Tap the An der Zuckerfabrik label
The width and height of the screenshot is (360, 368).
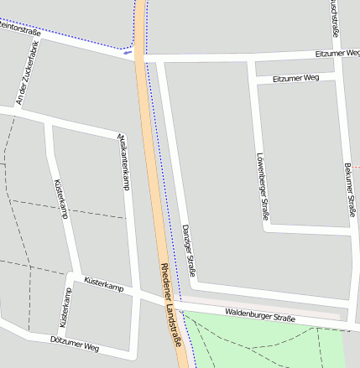tap(28, 74)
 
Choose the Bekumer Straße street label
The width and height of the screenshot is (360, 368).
tap(348, 189)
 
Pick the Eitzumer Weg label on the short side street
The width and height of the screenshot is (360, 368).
tap(296, 79)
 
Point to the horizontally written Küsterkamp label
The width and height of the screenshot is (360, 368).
tap(104, 285)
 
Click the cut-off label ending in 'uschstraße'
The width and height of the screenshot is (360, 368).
tap(334, 17)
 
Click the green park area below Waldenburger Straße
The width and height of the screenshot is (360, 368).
tap(269, 348)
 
